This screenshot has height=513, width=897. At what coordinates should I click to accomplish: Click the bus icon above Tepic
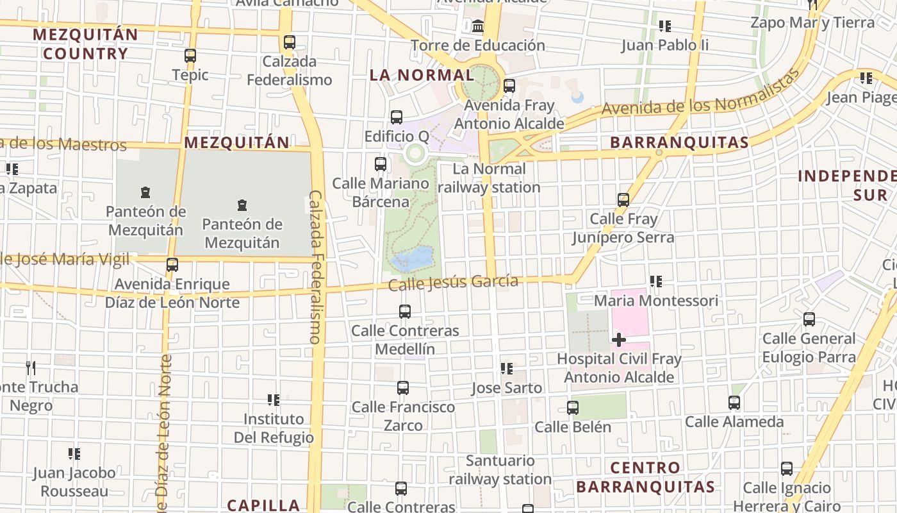[190, 56]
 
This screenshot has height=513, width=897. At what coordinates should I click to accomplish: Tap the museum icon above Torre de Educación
[478, 26]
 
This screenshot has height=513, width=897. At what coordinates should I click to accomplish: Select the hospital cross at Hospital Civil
[619, 339]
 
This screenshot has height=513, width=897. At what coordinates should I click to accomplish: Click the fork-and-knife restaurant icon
[30, 367]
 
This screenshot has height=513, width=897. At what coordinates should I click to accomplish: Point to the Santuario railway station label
[500, 470]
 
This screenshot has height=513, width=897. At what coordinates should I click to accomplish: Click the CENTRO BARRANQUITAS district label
[645, 477]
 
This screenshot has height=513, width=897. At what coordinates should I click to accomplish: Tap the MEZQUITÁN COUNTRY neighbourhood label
[85, 44]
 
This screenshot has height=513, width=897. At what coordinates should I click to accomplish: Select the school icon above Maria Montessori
[655, 282]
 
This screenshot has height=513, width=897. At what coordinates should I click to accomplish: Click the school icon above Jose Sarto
[507, 369]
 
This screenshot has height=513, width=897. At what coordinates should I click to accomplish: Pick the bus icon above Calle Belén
[573, 407]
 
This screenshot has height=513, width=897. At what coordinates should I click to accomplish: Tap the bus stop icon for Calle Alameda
[734, 403]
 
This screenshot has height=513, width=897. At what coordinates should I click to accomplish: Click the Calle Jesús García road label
[454, 282]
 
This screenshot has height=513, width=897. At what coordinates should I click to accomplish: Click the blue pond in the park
[413, 259]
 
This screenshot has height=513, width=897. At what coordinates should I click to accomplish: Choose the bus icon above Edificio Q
[397, 117]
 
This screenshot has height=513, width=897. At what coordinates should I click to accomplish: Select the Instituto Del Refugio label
[278, 428]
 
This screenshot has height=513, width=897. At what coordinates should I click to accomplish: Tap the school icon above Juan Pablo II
[665, 26]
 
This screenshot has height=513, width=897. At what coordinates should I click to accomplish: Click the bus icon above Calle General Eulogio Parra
[809, 319]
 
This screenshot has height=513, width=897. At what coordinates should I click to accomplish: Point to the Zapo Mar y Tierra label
[812, 23]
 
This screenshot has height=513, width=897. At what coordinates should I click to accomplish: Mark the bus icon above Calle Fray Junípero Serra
[623, 199]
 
